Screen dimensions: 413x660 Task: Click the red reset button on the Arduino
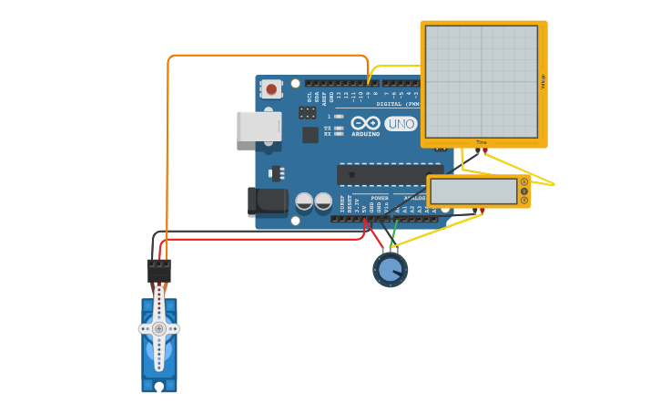(x=270, y=89)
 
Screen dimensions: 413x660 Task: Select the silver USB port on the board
(x=259, y=126)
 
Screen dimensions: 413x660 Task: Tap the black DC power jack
(x=267, y=201)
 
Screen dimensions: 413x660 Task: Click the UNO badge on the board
(x=401, y=124)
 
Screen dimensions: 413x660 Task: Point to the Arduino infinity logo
(x=365, y=122)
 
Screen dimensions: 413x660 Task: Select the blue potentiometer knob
(x=390, y=270)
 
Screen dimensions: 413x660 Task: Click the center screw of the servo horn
(x=159, y=328)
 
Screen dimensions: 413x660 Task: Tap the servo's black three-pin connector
(x=158, y=271)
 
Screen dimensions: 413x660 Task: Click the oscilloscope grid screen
(x=482, y=81)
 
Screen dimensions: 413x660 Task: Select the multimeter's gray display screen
(x=473, y=191)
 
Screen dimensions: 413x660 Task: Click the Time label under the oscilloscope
(x=482, y=142)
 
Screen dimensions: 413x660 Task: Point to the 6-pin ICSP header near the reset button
(x=308, y=113)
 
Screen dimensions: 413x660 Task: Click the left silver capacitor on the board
(x=304, y=201)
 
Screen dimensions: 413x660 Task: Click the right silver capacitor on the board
(x=323, y=201)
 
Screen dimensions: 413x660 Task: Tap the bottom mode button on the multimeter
(x=524, y=201)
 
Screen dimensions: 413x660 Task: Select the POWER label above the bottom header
(x=380, y=198)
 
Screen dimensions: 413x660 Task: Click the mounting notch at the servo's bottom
(x=159, y=387)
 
